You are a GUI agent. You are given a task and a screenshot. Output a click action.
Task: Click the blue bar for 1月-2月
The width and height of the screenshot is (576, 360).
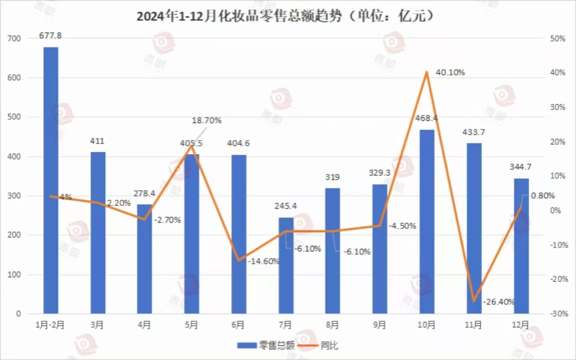[51, 180]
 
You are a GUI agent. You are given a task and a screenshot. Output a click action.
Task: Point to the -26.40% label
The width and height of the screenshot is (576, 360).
[499, 301]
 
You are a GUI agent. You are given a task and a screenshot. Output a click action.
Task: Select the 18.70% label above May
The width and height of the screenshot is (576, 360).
[206, 120]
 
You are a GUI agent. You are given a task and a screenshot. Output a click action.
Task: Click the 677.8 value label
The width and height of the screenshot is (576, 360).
[51, 35]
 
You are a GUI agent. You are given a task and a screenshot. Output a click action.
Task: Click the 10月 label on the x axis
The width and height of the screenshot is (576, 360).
[427, 325]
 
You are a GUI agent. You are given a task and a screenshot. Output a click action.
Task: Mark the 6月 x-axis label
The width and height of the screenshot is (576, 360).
[238, 325]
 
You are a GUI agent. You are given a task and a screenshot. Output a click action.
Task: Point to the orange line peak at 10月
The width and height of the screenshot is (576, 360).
[427, 72]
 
